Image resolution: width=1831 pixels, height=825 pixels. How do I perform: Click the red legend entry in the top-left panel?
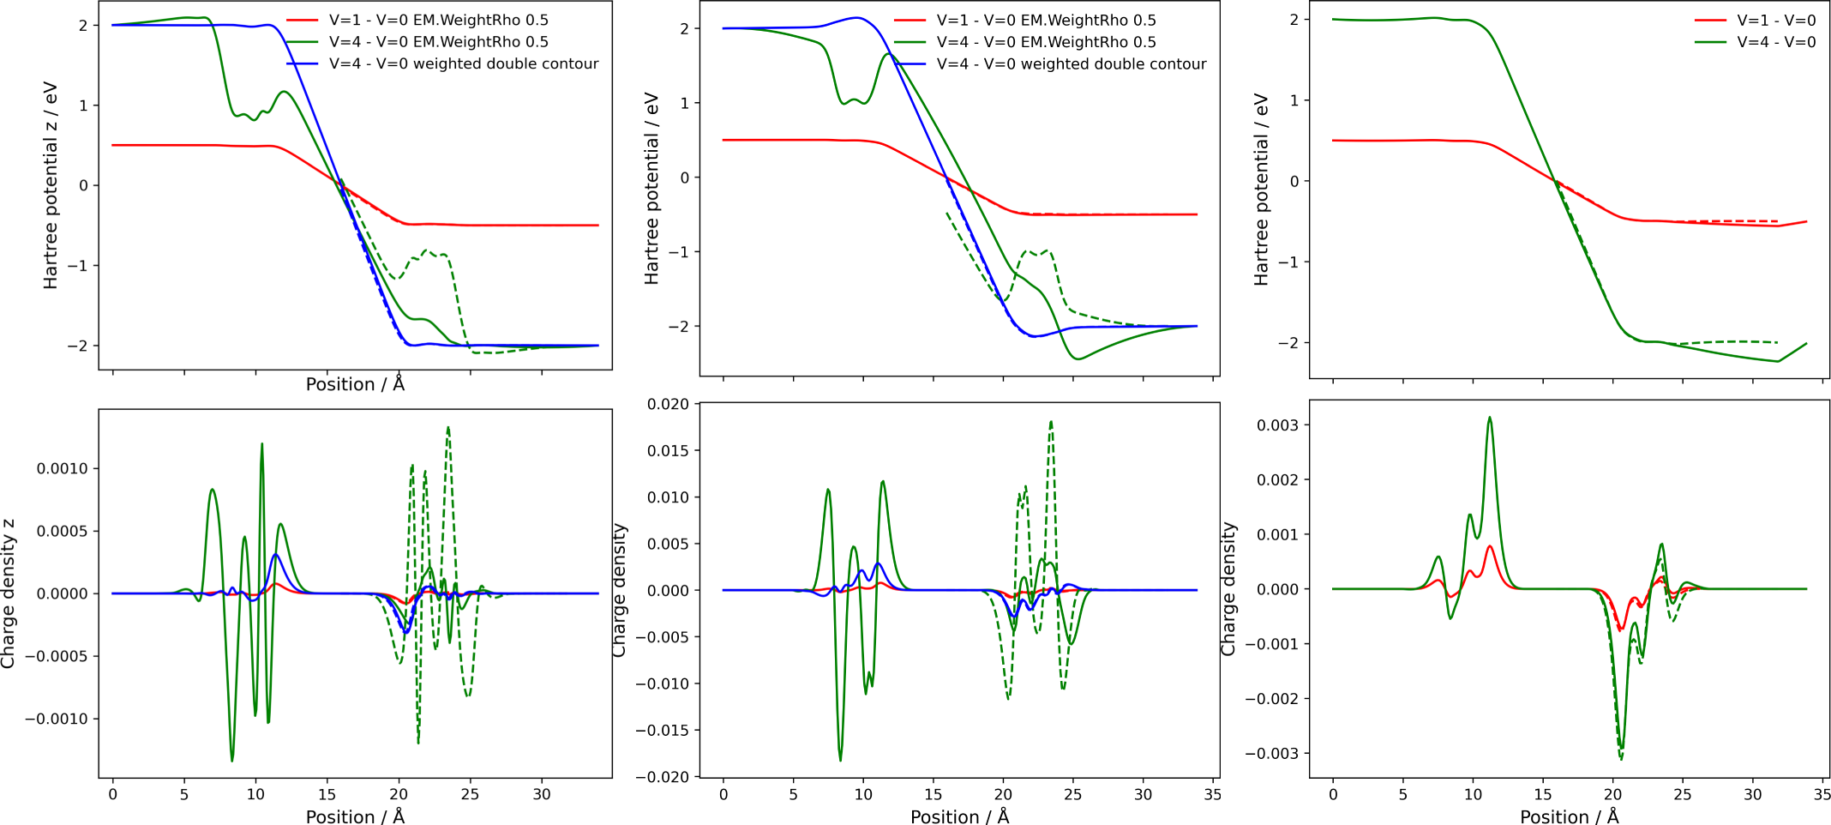click(438, 20)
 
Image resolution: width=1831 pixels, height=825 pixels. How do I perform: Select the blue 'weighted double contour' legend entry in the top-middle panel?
click(1071, 64)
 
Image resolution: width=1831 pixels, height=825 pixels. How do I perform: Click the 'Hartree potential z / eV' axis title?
click(51, 185)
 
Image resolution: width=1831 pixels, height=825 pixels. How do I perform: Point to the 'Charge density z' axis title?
click(9, 593)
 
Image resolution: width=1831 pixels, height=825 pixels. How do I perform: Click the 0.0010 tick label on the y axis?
click(62, 468)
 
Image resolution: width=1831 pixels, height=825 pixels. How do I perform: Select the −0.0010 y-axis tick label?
click(57, 719)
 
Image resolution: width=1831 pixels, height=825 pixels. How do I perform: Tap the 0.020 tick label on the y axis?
click(668, 404)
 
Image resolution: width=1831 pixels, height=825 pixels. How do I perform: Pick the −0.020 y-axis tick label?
click(663, 777)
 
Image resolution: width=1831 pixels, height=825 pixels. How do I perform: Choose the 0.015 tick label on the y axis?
click(668, 450)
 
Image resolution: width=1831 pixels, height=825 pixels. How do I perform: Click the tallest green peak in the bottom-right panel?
click(1490, 418)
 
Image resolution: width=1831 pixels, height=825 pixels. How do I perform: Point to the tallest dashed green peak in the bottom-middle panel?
click(1051, 421)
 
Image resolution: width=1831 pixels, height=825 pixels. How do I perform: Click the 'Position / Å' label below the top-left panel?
click(355, 384)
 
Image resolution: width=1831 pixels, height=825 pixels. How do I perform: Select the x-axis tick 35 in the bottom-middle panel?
click(1212, 794)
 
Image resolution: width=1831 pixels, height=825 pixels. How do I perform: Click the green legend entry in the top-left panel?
click(438, 42)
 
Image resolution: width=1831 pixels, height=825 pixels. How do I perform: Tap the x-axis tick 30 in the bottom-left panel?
click(542, 794)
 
